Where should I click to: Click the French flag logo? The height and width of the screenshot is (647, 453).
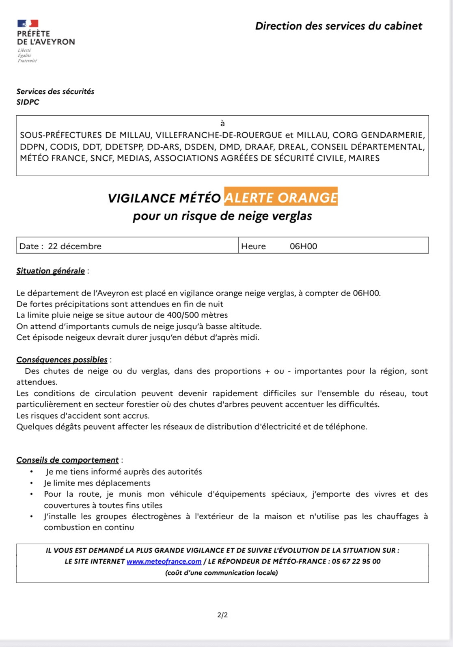point(28,24)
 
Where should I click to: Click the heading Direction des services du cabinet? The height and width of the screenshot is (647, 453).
point(339,26)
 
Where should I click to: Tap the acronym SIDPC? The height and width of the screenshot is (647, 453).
point(28,102)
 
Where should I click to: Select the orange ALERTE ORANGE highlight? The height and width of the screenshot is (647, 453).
point(281,197)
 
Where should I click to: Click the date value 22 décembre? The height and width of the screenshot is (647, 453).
point(75,246)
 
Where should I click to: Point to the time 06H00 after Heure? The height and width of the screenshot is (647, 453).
point(303,246)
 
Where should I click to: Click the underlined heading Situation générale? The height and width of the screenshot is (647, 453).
point(51,271)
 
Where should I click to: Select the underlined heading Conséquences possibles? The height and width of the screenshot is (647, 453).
point(62,360)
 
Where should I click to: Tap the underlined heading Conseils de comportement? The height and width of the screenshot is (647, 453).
point(67,460)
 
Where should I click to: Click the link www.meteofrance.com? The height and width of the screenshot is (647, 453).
point(164,561)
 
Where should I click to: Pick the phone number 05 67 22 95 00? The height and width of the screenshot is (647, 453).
point(356,561)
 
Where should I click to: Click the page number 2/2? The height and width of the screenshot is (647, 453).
point(222,615)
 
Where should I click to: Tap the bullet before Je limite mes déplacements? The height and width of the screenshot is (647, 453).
point(32,483)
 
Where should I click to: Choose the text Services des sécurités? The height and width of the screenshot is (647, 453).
point(55,92)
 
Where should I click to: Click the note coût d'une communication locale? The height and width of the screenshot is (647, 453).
point(222,573)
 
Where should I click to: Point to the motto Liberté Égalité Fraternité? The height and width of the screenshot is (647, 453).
point(27,56)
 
